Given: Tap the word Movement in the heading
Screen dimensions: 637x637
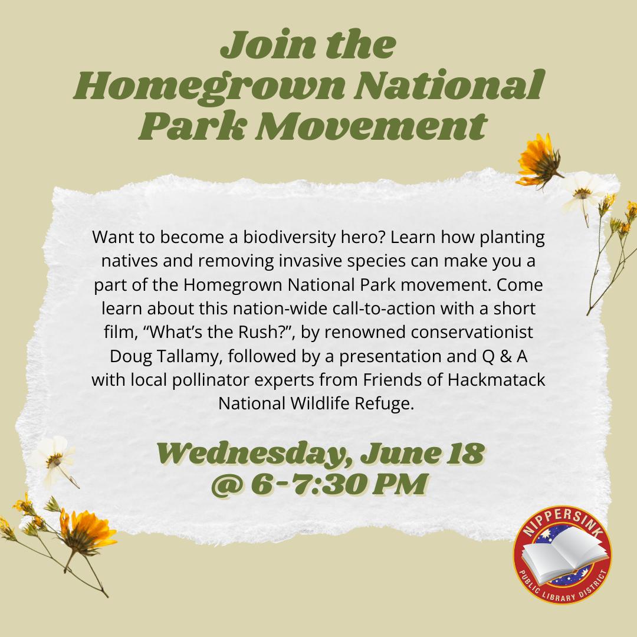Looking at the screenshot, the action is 372,126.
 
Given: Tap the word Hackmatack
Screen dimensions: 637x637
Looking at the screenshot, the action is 497,380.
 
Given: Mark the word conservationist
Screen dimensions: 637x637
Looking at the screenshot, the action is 472,332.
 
